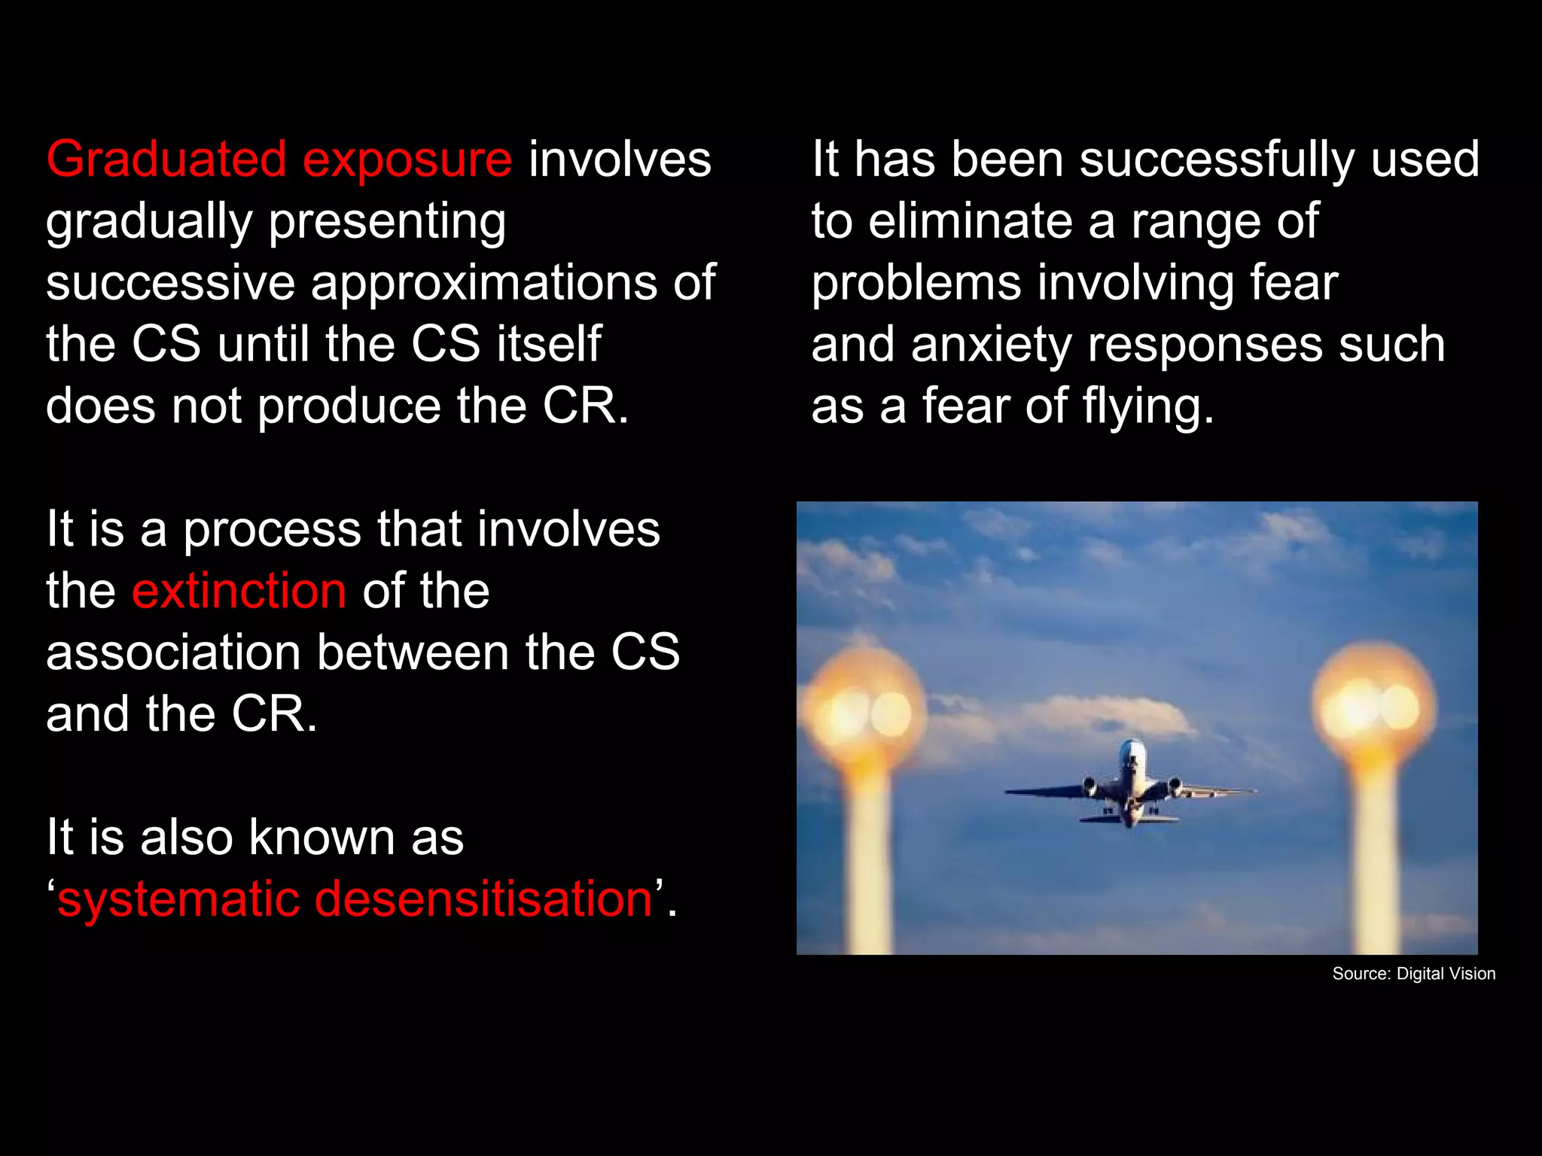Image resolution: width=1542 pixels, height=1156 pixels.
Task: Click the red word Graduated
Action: click(166, 160)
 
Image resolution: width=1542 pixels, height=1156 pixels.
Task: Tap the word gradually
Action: click(148, 223)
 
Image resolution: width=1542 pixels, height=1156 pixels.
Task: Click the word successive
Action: click(170, 283)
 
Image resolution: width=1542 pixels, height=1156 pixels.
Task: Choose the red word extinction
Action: click(239, 591)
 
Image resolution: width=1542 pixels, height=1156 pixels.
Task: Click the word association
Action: click(173, 653)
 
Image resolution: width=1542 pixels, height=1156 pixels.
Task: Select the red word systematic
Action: click(178, 899)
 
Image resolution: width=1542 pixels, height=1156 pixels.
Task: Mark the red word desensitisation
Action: click(483, 899)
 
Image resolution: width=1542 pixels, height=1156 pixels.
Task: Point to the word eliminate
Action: click(970, 221)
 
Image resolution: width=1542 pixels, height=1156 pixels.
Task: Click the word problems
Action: click(916, 284)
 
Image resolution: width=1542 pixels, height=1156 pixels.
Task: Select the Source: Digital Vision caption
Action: click(1413, 974)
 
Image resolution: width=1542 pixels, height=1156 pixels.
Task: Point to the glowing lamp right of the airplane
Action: click(1374, 707)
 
